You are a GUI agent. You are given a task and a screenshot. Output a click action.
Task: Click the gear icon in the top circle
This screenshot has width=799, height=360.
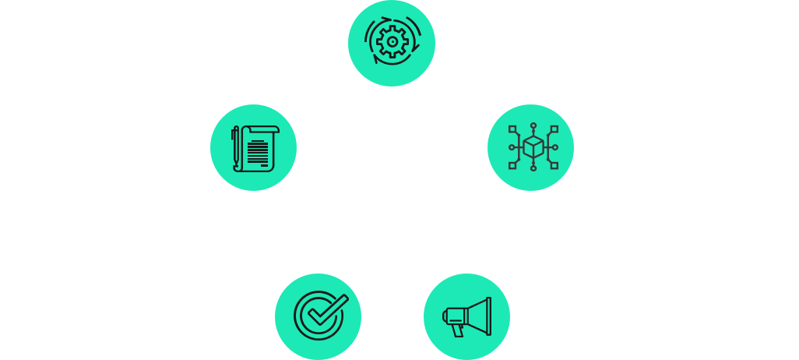click(x=391, y=43)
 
